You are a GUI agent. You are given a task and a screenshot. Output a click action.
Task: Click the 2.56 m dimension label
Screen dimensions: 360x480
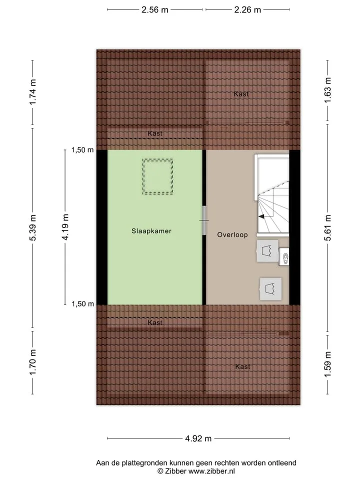coord(154,10)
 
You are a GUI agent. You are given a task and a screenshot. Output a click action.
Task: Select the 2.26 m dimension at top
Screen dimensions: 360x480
coord(247,10)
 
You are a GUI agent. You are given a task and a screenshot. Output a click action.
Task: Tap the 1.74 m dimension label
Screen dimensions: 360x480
coord(33,92)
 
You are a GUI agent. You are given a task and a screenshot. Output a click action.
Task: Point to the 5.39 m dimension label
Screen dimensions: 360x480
coord(33,227)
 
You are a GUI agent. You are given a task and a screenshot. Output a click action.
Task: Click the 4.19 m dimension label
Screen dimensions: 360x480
coord(65,227)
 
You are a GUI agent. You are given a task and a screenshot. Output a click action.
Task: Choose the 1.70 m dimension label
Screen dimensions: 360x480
coord(33,362)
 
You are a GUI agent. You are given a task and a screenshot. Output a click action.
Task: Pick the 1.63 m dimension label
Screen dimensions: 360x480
coord(327,90)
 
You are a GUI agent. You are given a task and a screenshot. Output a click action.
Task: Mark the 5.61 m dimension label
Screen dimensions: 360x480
coord(327,227)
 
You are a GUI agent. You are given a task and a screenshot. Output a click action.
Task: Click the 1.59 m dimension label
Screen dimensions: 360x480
coord(327,364)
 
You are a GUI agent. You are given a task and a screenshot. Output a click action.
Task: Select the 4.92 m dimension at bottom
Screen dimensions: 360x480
coord(198,438)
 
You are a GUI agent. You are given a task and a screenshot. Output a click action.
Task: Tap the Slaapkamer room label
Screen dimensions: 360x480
coord(151,231)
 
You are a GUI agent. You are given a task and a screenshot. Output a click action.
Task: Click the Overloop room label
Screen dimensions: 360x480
coord(232,235)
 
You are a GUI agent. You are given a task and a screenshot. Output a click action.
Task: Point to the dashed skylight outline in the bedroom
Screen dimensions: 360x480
coord(157,159)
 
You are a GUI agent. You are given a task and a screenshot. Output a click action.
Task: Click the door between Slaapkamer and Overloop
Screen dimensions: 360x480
coord(204,220)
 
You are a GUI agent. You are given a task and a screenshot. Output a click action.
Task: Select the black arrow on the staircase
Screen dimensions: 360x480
coord(261,216)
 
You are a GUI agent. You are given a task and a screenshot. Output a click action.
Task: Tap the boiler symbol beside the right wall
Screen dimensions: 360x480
coord(284,257)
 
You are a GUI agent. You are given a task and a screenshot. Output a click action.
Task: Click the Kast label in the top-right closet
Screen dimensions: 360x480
coord(241,94)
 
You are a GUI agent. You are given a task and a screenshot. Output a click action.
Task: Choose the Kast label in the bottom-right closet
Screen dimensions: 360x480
coord(243,366)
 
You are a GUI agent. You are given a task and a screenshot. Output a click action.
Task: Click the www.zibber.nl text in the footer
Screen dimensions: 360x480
coord(211,471)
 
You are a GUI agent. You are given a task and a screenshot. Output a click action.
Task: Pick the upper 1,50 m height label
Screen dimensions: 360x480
coord(82,149)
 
